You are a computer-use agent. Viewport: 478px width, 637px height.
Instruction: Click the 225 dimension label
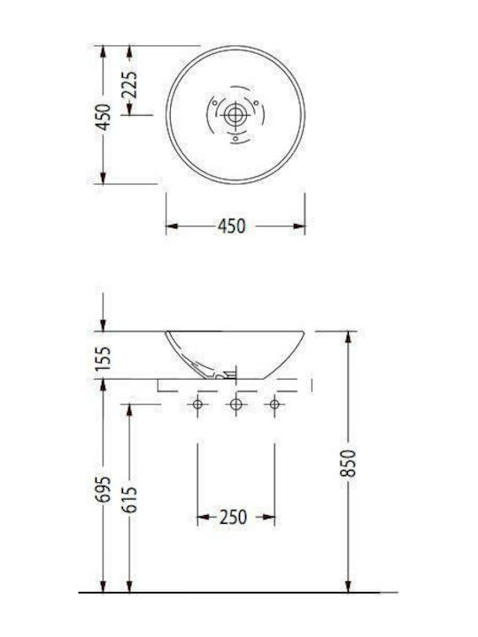coord(129,85)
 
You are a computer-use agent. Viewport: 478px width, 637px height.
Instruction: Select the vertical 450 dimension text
coord(104,117)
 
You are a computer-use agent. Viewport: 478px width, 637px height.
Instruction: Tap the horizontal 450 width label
coord(232,226)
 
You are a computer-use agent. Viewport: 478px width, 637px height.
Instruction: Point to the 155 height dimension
coord(104,357)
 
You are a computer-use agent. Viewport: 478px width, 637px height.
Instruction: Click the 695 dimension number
coord(104,488)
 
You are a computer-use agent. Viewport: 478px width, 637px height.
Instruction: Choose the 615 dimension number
coord(129,499)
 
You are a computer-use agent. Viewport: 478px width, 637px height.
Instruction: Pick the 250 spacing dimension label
coord(233,518)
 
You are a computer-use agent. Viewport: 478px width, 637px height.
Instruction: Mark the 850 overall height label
coord(349,463)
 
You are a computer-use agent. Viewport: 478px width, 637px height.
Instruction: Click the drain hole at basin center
coord(235,115)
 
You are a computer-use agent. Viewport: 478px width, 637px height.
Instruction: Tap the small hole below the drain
coord(235,139)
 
